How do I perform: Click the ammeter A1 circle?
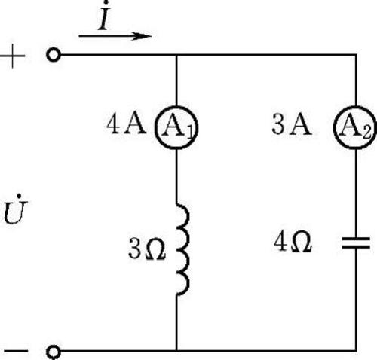point(155,127)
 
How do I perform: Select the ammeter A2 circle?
point(334,127)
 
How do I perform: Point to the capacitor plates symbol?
point(356,243)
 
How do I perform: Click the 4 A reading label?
point(126,124)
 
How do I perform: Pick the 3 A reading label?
point(292,124)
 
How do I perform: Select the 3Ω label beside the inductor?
point(147,249)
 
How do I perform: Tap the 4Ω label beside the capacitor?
point(293,242)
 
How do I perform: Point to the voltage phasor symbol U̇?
point(15,209)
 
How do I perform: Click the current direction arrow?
point(115,36)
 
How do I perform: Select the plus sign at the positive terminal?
point(13,56)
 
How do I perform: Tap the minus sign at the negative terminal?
point(16,351)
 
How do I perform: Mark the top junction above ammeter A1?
point(176,55)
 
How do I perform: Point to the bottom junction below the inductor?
point(176,350)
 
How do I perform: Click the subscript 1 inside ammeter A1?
point(190,132)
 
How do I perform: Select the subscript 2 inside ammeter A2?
point(367,132)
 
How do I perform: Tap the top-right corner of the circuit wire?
point(356,55)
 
